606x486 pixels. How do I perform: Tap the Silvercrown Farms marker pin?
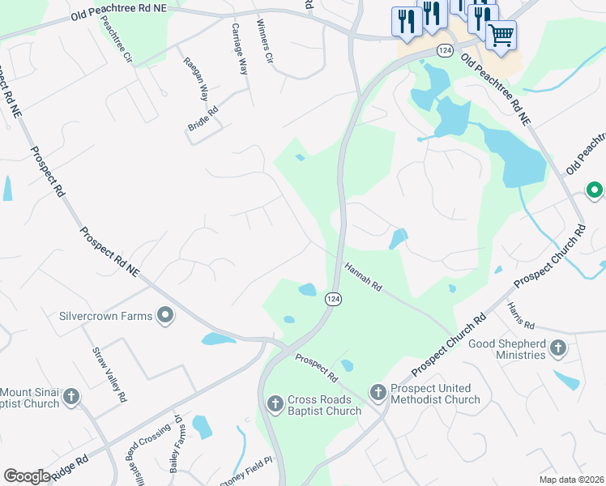coord(165,315)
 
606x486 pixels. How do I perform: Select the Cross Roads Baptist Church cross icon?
coord(275,403)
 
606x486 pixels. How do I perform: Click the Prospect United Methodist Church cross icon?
coord(378,393)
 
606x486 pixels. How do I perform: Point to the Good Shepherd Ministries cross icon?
coord(557,348)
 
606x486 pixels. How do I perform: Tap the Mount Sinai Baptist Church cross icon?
coord(71,396)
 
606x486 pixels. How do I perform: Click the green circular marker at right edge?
coord(595,191)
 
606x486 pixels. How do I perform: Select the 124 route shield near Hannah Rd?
coord(333,299)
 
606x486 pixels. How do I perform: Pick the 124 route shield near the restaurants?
coord(444,50)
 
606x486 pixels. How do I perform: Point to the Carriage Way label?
coord(239,49)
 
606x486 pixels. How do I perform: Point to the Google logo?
coord(27,475)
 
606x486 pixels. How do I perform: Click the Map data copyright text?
coord(570,480)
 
